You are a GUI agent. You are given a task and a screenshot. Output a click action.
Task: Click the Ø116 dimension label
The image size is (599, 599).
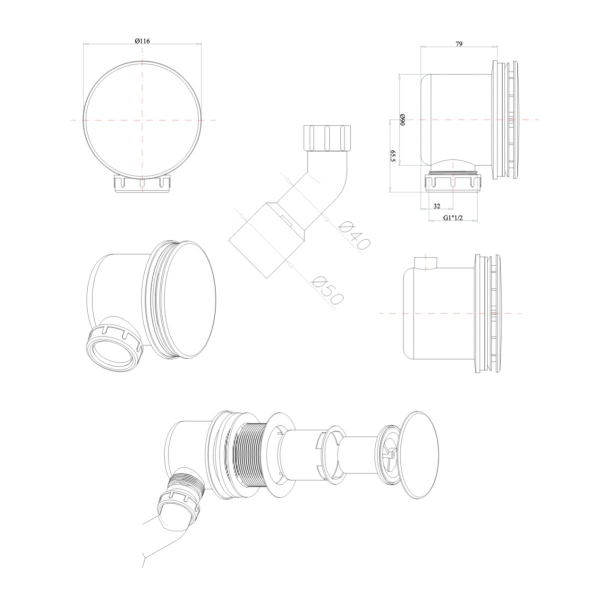142,41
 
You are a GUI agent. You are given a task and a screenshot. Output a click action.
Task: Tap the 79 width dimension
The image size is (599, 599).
458,43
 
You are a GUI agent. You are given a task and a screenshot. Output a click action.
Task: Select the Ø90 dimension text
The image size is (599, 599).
402,120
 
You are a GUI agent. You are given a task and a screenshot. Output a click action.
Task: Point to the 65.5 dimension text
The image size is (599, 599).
392,156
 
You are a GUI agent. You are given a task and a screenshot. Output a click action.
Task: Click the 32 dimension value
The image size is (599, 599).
436,206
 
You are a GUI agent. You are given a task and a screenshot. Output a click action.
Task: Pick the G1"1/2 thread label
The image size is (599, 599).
453,218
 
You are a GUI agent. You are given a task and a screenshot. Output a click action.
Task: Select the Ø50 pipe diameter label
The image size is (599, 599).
327,290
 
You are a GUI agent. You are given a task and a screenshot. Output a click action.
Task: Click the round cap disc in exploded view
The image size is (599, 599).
419,455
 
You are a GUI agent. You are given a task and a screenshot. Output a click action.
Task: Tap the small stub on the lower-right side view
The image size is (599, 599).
426,263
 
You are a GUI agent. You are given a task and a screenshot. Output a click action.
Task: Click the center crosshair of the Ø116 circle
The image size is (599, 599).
142,120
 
